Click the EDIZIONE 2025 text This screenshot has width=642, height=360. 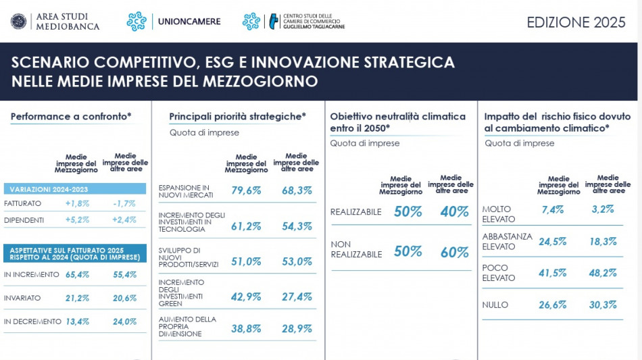coord(576,22)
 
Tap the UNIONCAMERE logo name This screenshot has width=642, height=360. coord(189,22)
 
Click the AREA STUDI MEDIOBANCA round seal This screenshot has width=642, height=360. coord(18,22)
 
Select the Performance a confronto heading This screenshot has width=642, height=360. coord(71,117)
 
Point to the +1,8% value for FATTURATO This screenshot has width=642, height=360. coord(77,203)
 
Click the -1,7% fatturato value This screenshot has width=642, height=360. coord(124,203)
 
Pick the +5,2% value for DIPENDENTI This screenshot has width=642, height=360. coord(77,220)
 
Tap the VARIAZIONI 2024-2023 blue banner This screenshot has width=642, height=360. coord(74,189)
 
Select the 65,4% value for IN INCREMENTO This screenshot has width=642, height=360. coord(77,275)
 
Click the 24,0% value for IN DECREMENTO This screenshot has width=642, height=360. coord(124,322)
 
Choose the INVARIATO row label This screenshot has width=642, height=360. coord(22,298)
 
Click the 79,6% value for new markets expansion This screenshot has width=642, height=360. coord(246,191)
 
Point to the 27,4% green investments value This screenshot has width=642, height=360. coord(297,297)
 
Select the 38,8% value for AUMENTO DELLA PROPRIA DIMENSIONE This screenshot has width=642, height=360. coord(246,329)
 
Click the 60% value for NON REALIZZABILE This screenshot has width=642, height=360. coord(454,253)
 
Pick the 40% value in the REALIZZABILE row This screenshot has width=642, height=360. coord(454,212)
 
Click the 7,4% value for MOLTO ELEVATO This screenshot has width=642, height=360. coord(552,210)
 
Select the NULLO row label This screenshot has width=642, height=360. coord(495,305)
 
